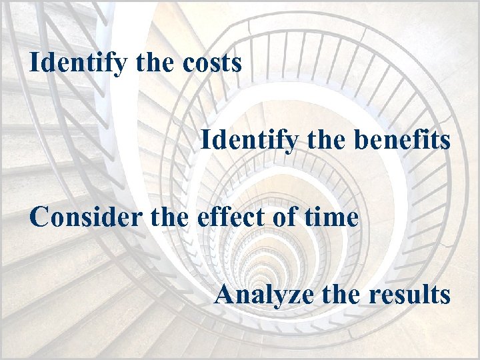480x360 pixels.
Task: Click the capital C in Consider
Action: click(39, 217)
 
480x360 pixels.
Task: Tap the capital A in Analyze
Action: click(225, 294)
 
